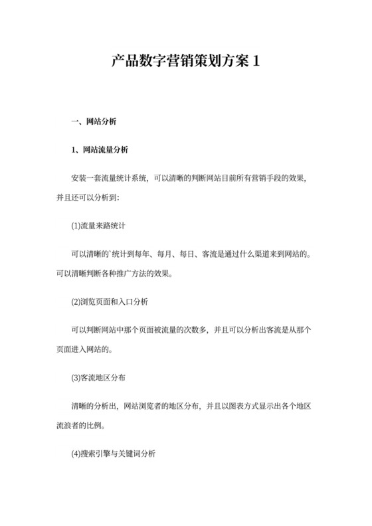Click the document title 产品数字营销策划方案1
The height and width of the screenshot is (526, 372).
(x=185, y=62)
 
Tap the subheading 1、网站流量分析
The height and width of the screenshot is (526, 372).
(x=100, y=150)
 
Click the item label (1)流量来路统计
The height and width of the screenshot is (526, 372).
(x=103, y=226)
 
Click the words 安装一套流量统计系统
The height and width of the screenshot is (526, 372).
(x=109, y=179)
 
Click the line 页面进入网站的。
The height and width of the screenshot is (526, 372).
(x=88, y=348)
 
